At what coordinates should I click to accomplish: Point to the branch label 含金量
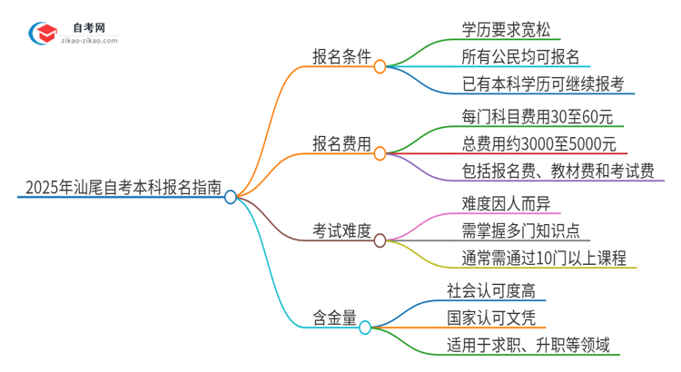(330, 318)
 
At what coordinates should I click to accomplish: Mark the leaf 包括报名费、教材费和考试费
(557, 171)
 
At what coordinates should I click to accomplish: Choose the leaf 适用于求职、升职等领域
(527, 345)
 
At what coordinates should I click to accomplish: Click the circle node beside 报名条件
(380, 66)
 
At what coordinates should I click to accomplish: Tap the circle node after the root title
(231, 197)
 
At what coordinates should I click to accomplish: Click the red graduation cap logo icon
(44, 33)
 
